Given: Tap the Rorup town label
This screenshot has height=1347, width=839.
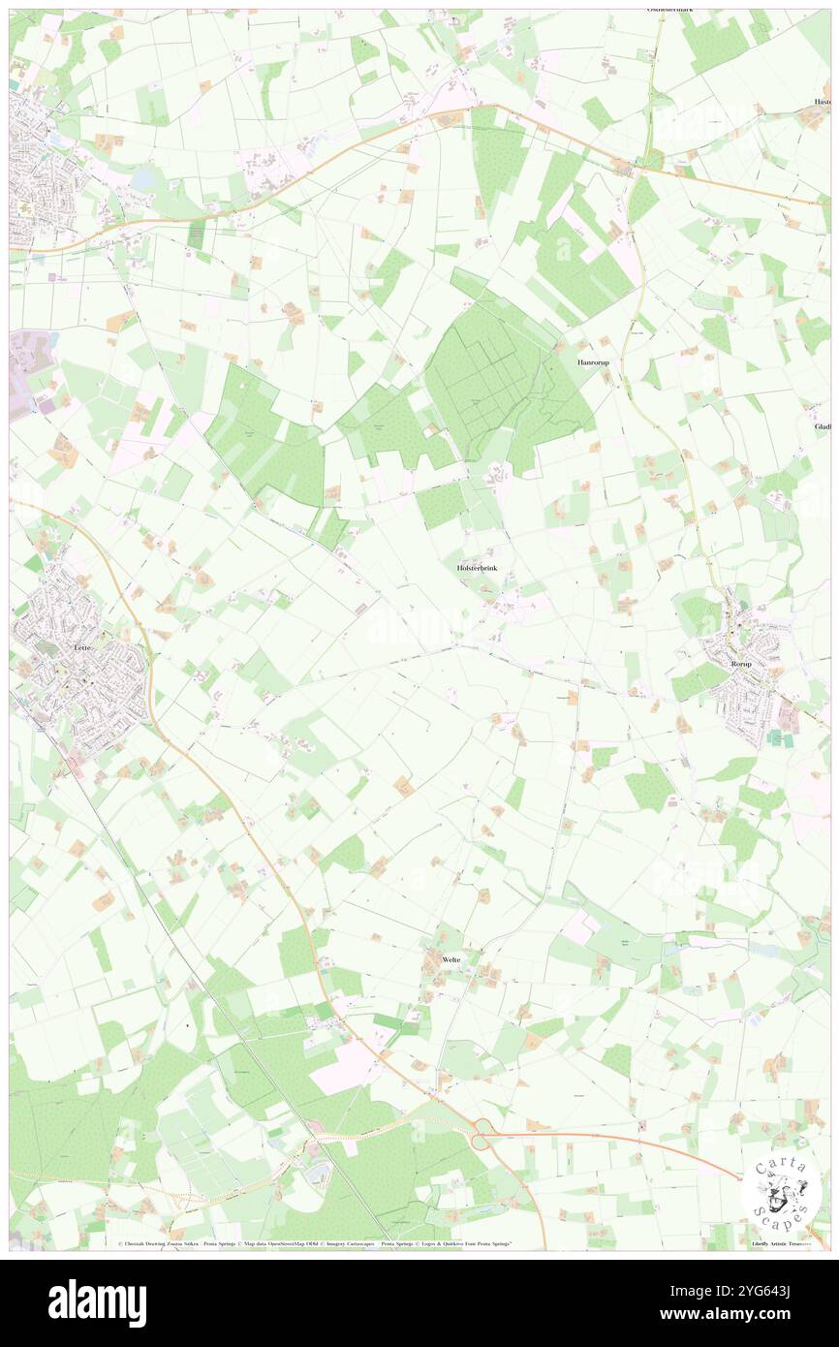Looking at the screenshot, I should point(740,664).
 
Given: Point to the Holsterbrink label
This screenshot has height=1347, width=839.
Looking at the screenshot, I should point(477,568).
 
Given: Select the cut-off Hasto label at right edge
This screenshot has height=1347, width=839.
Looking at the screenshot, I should point(823,102).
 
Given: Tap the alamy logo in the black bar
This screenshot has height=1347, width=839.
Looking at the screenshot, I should point(97,1301).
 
